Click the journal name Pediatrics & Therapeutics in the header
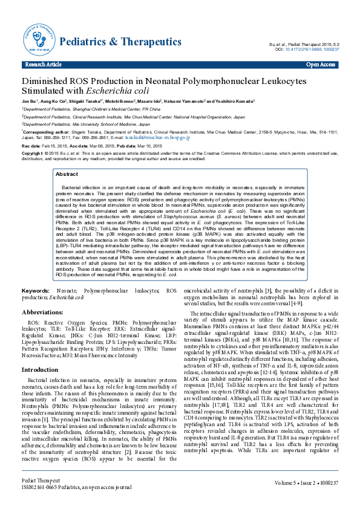pyautogui.click(x=120, y=42)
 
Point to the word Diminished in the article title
pyautogui.click(x=48, y=82)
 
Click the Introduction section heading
pyautogui.click(x=40, y=369)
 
